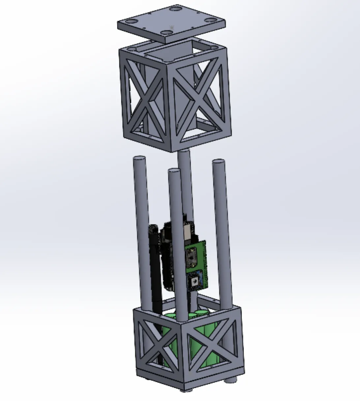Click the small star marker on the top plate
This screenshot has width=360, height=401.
coord(171,27)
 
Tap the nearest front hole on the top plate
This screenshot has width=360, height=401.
coord(167,32)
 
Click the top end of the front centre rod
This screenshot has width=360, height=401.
coord(174,171)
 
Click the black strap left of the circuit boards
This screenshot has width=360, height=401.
coord(155,257)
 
